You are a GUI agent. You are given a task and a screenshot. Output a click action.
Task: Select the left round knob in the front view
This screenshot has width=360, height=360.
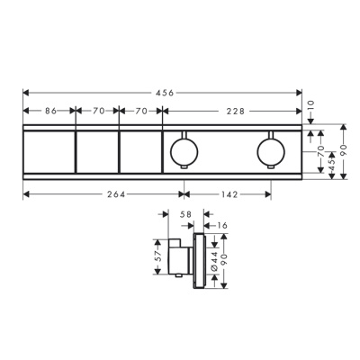(184, 148)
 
